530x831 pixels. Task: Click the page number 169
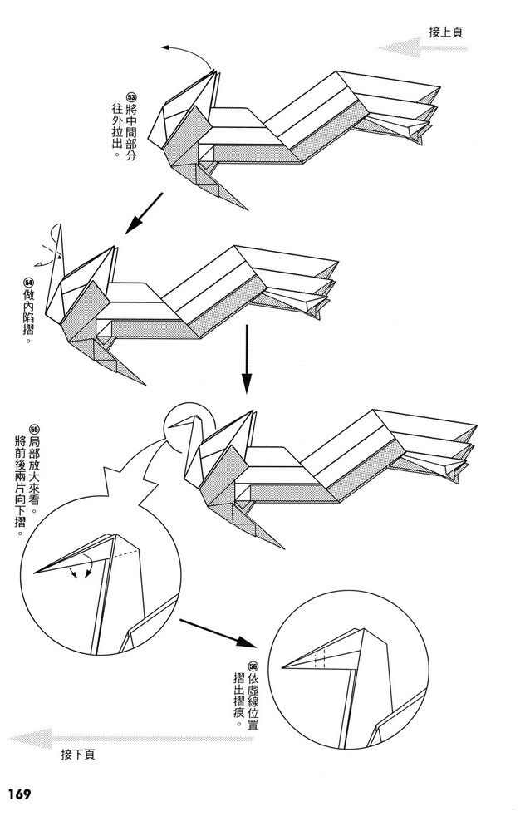pos(19,794)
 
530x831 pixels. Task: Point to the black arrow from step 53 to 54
pos(142,212)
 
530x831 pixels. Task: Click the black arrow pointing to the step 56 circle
pos(215,631)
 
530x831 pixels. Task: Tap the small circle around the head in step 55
pos(189,426)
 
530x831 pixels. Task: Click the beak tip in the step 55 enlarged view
pos(36,572)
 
